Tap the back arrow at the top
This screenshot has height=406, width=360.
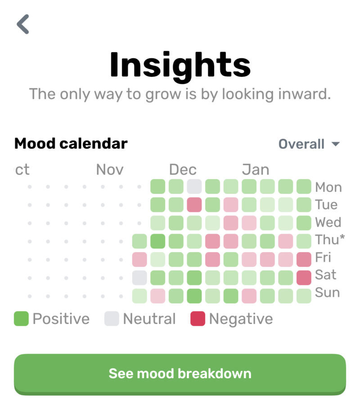23,24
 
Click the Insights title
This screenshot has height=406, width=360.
180,65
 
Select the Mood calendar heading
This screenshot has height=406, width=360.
71,144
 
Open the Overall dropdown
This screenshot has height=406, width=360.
309,144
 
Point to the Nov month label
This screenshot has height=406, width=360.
110,170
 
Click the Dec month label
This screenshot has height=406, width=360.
183,170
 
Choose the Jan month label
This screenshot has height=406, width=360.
256,170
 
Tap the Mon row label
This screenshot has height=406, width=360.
328,187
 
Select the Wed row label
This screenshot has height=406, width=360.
328,222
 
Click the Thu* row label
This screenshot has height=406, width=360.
330,240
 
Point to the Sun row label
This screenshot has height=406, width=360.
328,293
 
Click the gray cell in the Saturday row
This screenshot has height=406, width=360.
139,278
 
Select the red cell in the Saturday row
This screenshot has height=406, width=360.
304,278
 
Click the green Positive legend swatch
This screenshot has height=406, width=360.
22,319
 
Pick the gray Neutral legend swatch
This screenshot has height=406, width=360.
112,319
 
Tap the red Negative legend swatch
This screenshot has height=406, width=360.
198,319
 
